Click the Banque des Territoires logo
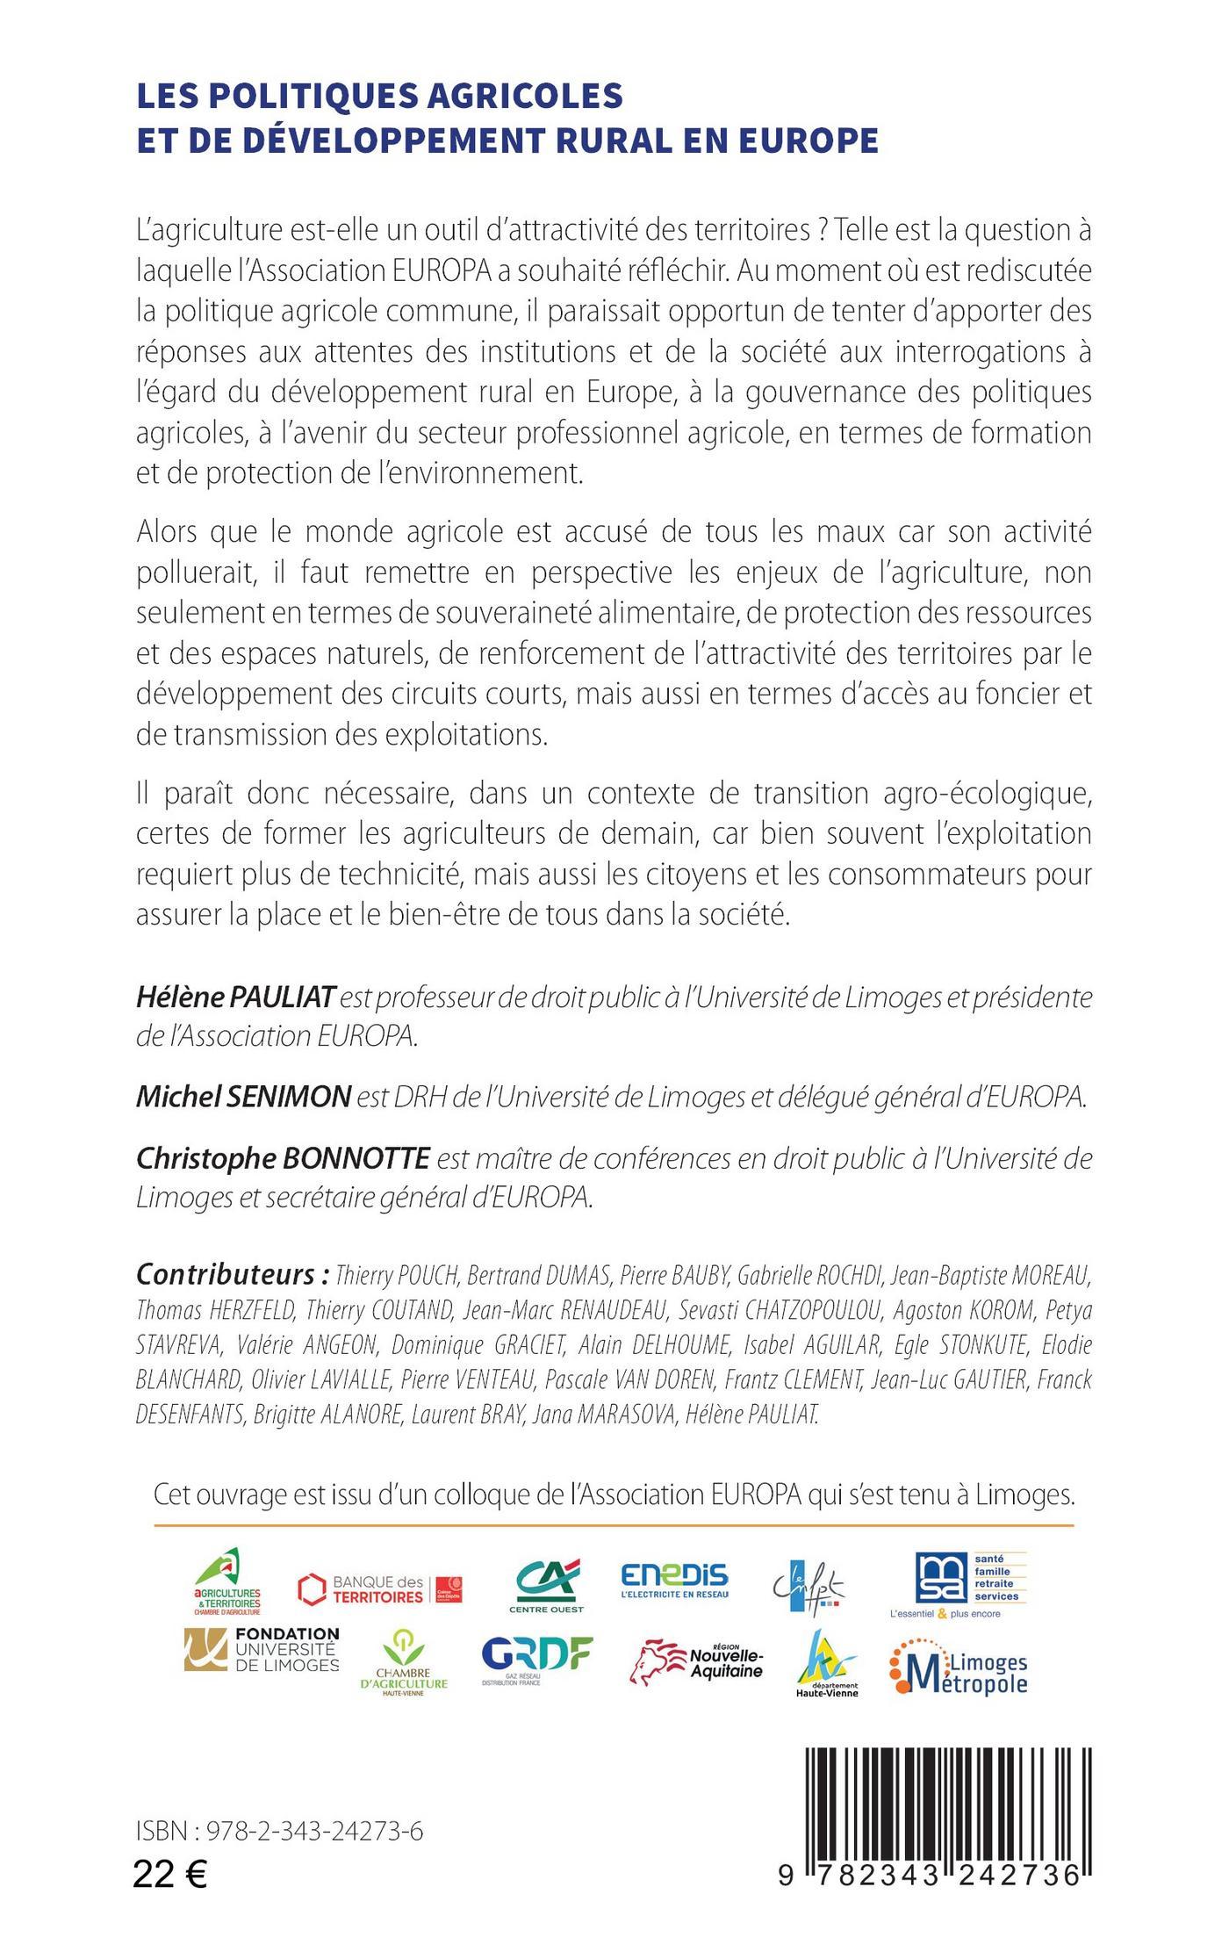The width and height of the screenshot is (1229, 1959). coord(379,1590)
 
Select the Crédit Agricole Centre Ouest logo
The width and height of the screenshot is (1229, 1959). coord(546,1587)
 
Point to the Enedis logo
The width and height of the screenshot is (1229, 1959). coord(674,1581)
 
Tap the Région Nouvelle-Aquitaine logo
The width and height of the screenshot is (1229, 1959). coord(697,1662)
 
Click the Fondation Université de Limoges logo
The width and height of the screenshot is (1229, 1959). coord(262,1650)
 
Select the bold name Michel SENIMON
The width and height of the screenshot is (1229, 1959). coord(243,1097)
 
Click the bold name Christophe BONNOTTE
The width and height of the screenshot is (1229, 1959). coord(283,1159)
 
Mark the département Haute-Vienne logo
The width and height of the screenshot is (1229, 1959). coord(826,1663)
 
